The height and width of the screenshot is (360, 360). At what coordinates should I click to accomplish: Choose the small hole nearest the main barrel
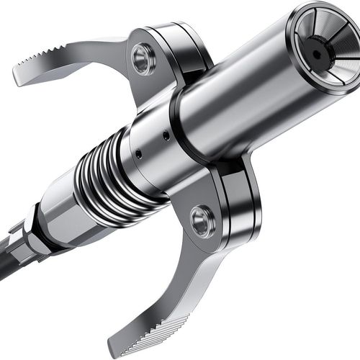click(x=166, y=135)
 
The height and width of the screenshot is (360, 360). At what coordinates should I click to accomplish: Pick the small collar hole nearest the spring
click(x=138, y=153)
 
